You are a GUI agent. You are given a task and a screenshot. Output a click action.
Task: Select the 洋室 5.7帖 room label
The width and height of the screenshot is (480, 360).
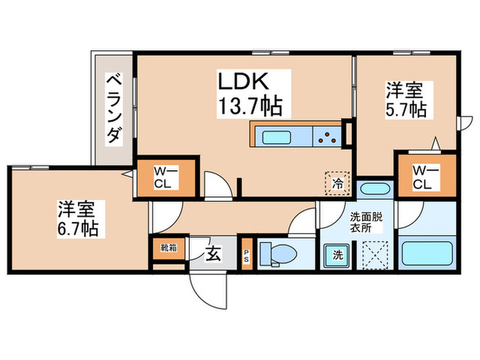[x=406, y=99]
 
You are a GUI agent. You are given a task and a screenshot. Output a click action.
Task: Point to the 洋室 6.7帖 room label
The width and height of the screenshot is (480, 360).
[x=77, y=217]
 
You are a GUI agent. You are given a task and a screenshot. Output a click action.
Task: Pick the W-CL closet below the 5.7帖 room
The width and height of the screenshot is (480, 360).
[x=422, y=177]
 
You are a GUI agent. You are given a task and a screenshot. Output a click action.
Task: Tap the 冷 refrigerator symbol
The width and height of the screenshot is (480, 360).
[x=338, y=183]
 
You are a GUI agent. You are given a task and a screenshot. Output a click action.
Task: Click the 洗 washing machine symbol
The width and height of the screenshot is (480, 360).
[x=338, y=256]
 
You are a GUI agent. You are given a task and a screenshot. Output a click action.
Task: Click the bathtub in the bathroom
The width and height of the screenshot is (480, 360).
[x=427, y=254]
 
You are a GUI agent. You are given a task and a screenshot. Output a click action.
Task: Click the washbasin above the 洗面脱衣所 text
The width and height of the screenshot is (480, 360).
[x=374, y=189]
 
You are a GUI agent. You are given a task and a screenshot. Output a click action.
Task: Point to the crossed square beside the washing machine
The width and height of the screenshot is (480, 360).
[x=375, y=255]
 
